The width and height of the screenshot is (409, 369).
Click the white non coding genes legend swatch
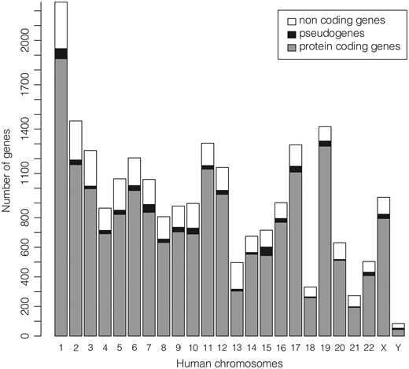pyautogui.click(x=291, y=20)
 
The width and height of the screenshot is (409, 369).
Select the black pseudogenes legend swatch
pyautogui.click(x=291, y=34)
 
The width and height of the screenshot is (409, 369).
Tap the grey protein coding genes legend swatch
pyautogui.click(x=291, y=47)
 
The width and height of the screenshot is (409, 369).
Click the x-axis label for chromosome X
pyautogui.click(x=383, y=346)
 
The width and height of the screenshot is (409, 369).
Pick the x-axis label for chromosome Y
pyautogui.click(x=399, y=346)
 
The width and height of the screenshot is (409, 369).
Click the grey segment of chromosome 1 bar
pyautogui.click(x=61, y=196)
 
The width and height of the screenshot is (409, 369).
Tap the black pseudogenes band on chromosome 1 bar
pyautogui.click(x=61, y=53)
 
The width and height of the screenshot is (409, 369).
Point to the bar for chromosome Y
pyautogui.click(x=399, y=331)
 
